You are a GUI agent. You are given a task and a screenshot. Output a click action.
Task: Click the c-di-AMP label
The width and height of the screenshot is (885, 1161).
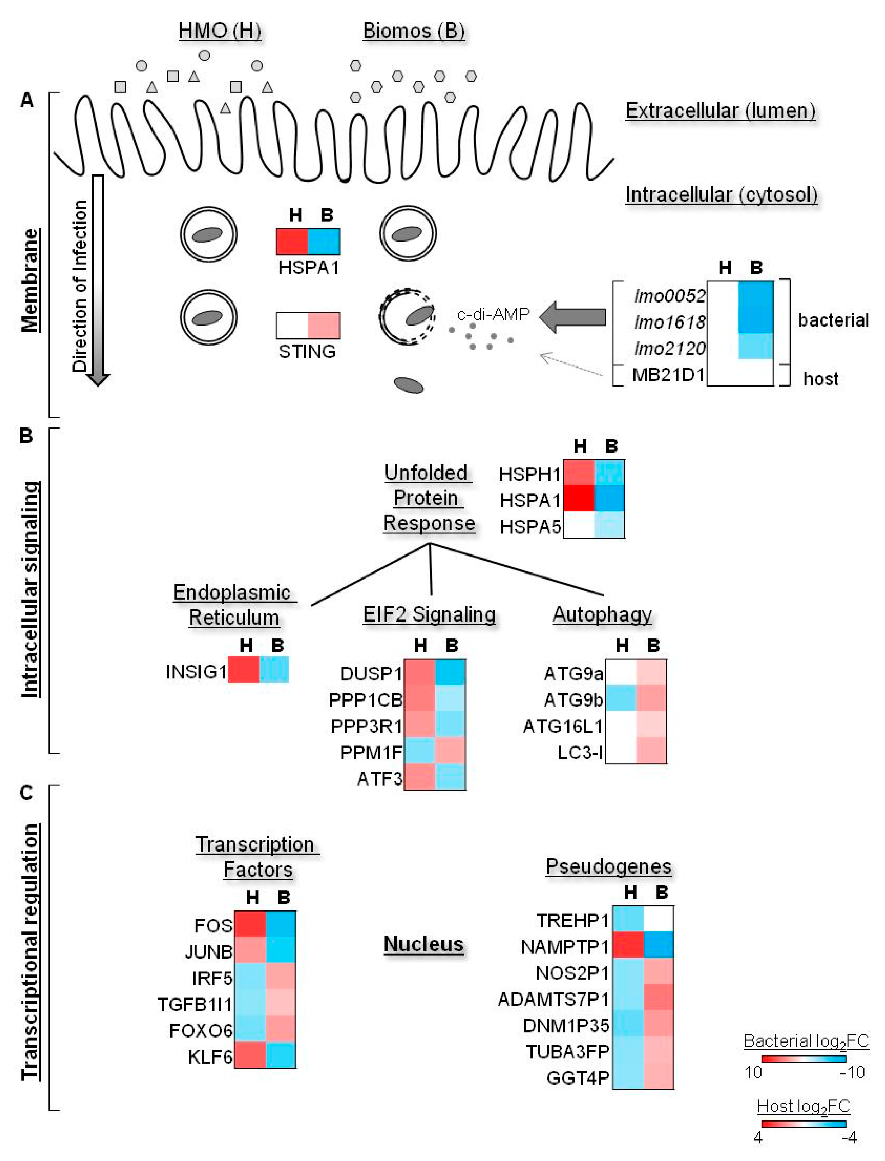click(x=493, y=314)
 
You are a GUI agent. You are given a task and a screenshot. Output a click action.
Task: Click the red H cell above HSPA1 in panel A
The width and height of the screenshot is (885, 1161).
click(x=292, y=241)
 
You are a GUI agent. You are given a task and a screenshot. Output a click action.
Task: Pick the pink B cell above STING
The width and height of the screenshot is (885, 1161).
click(x=323, y=325)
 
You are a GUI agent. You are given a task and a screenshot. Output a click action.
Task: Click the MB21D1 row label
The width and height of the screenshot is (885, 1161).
click(x=668, y=375)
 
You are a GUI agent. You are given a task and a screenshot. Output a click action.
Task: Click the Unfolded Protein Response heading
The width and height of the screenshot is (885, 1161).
click(x=428, y=498)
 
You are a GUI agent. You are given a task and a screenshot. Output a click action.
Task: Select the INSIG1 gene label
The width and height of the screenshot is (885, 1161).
click(x=196, y=671)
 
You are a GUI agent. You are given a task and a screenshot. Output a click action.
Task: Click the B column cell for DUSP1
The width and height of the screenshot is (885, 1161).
click(x=450, y=672)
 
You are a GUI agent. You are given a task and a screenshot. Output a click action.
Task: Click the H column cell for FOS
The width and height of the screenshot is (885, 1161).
click(x=250, y=925)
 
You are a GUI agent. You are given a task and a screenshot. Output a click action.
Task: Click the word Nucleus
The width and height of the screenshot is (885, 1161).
click(x=423, y=944)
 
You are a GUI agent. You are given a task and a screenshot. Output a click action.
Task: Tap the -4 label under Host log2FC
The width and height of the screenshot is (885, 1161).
click(x=849, y=1138)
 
